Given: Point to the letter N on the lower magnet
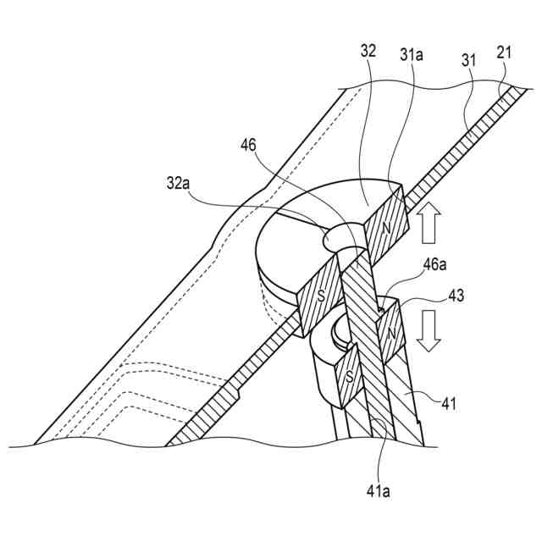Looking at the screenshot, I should [390, 333].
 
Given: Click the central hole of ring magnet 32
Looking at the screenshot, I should [343, 241].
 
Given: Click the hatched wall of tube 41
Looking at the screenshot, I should [410, 398].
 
